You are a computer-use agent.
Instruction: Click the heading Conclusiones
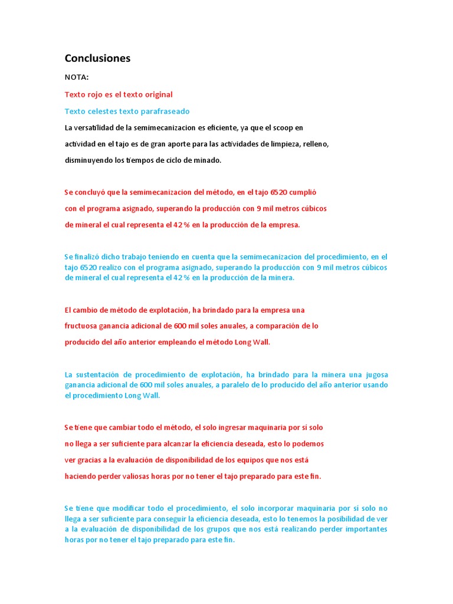(97, 58)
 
